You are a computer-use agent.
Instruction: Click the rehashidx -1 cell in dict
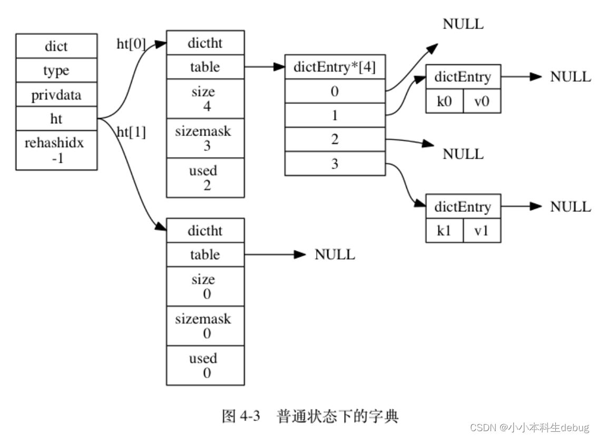(56, 151)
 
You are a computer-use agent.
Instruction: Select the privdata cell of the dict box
(56, 95)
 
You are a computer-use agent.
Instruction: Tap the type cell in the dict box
(56, 71)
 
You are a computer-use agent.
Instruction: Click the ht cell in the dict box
(56, 119)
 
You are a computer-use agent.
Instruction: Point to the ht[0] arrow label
(131, 44)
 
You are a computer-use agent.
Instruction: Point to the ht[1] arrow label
(131, 132)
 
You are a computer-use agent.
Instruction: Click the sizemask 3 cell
(205, 138)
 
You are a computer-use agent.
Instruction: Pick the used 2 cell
(205, 178)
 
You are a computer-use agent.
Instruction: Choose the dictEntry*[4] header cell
(335, 67)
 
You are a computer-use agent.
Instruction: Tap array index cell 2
(335, 140)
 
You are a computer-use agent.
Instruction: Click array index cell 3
(335, 164)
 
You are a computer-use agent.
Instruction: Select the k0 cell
(444, 101)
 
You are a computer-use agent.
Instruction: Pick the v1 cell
(482, 230)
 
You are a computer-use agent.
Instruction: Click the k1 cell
(444, 230)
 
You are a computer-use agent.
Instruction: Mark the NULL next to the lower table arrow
(335, 255)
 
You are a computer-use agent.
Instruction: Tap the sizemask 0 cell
(205, 326)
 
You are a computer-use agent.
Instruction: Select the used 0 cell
(205, 366)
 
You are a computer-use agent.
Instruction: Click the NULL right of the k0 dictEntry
(570, 76)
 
